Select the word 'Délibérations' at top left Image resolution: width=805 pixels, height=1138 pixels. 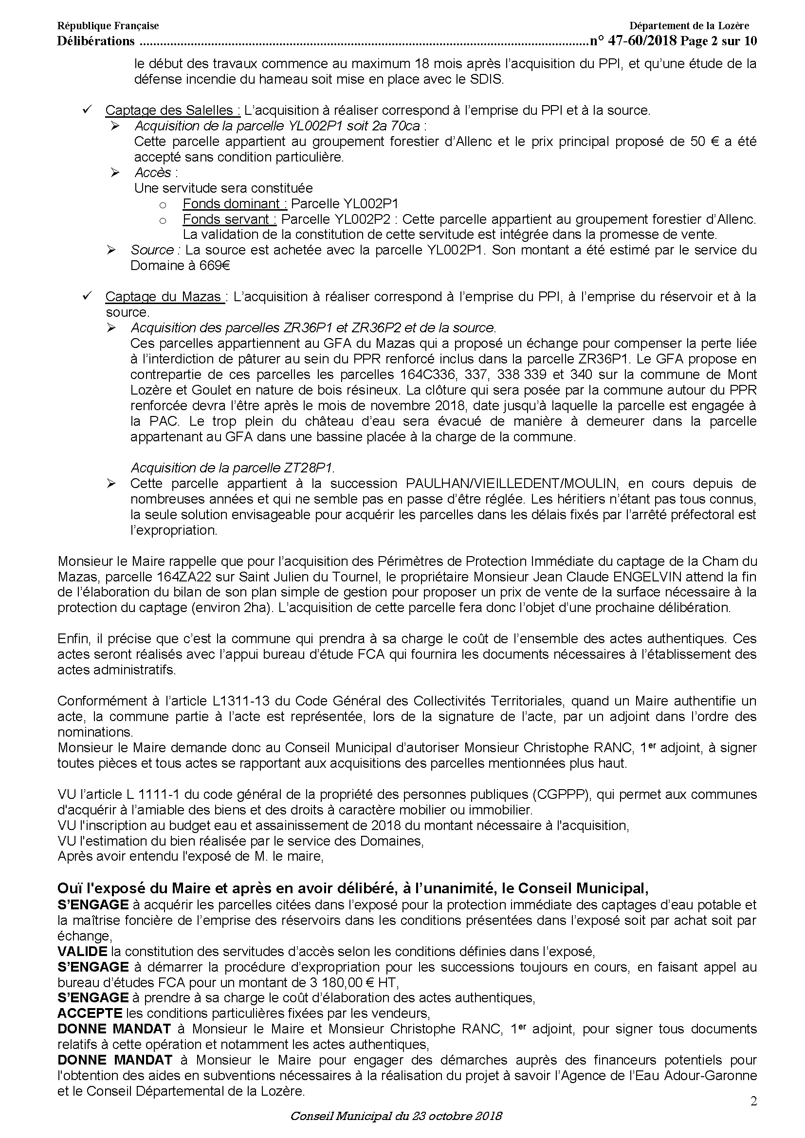[x=96, y=41]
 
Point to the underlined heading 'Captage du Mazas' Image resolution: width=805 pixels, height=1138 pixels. [x=163, y=297]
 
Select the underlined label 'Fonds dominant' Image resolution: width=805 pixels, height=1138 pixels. [x=235, y=204]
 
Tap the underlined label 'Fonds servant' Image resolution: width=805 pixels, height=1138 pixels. [x=229, y=219]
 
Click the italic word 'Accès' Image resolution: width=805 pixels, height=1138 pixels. [x=153, y=173]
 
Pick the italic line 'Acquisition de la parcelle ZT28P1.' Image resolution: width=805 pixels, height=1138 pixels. [x=236, y=468]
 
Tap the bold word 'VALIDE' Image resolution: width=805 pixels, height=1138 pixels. [x=82, y=952]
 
